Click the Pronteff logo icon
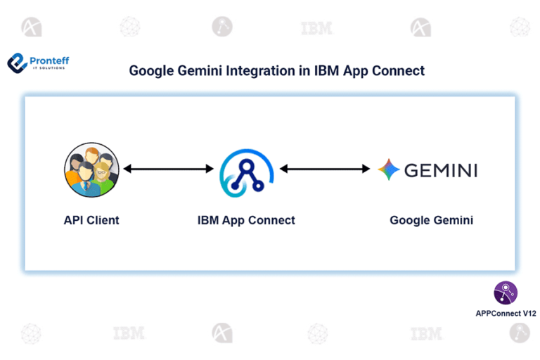(x=17, y=63)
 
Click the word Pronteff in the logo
(x=49, y=60)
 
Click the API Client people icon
(x=91, y=169)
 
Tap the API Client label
(x=91, y=220)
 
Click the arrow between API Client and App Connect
(x=168, y=169)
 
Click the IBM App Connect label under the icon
(x=246, y=220)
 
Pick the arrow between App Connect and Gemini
(x=326, y=169)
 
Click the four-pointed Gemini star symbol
(x=389, y=169)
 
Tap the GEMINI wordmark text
(x=441, y=170)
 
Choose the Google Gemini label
(x=431, y=220)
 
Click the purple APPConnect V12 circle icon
(x=506, y=292)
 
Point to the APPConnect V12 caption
(x=506, y=313)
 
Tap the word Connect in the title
(x=399, y=71)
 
